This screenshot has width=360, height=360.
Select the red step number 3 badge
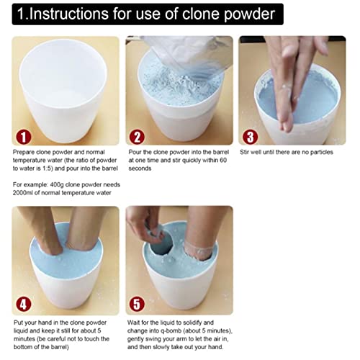click(251, 135)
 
